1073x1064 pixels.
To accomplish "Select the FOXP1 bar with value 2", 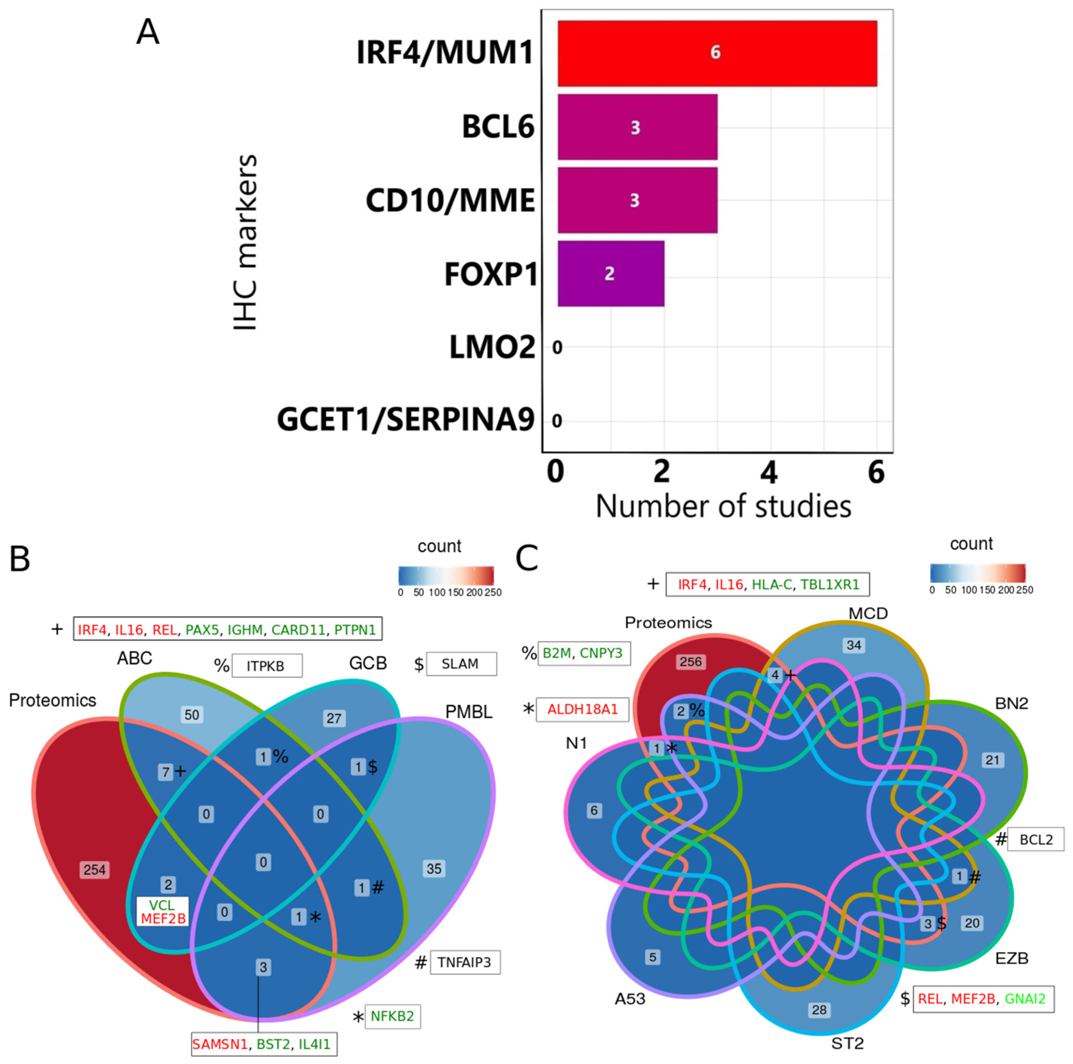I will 610,273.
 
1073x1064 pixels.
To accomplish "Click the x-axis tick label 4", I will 768,472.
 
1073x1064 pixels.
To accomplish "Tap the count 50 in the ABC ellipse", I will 191,715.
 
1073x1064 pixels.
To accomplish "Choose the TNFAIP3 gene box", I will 464,962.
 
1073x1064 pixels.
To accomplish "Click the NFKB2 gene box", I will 392,1016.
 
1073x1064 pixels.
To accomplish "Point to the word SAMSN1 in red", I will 219,1044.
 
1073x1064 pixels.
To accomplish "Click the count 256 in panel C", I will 690,662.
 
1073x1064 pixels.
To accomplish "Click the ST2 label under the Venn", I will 847,1043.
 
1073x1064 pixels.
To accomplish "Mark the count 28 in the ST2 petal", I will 819,1010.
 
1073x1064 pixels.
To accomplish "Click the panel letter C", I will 527,559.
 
